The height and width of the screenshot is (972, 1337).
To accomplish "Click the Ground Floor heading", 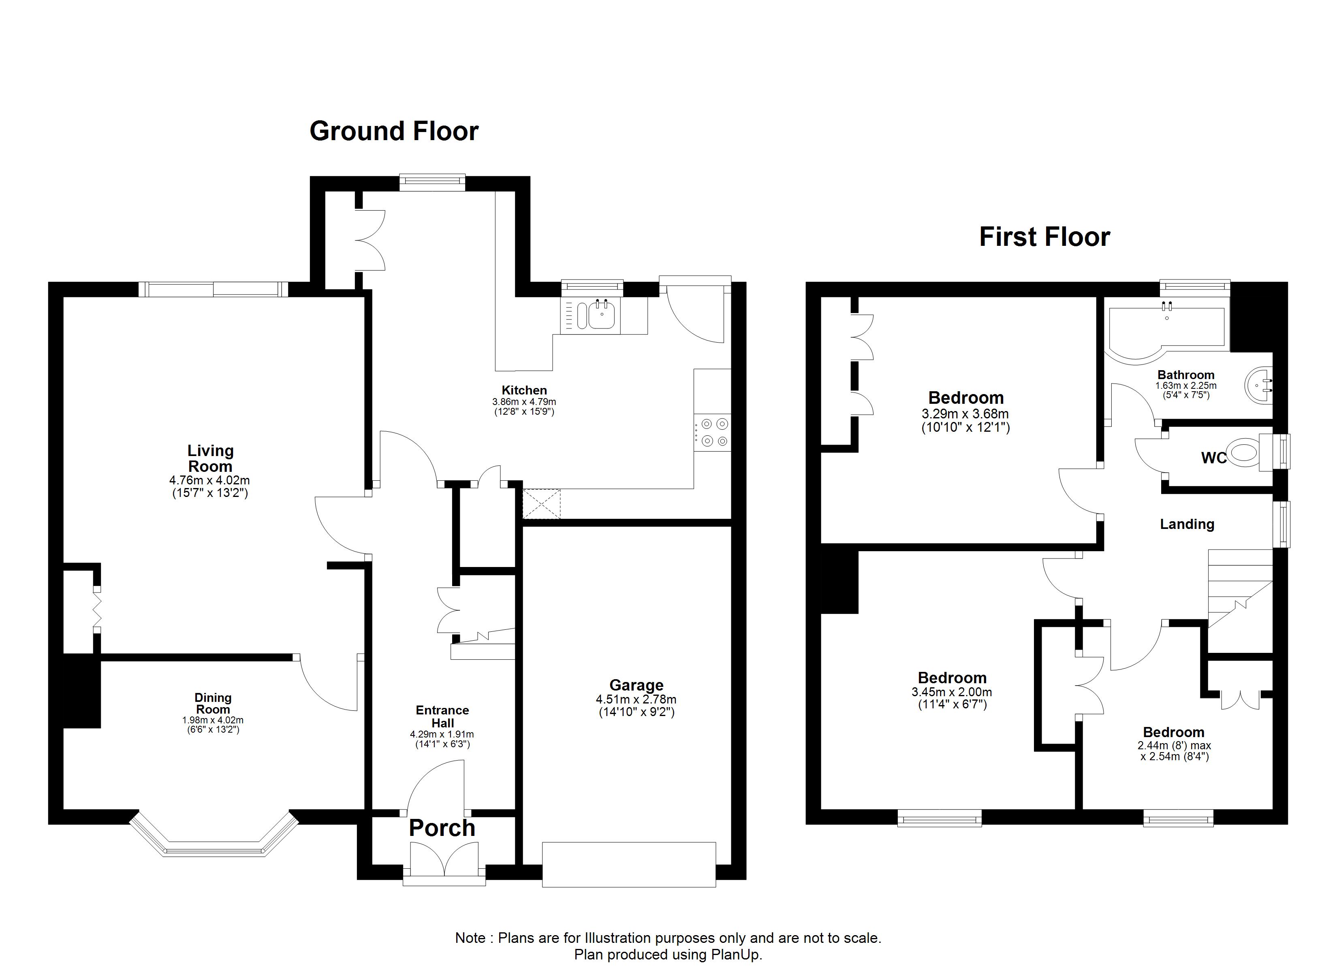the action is coord(394,131).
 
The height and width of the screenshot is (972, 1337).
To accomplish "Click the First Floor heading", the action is coord(1044,237).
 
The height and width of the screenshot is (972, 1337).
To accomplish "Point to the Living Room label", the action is coord(210,458).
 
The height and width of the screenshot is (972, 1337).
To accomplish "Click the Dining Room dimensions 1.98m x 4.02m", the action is coord(213,720).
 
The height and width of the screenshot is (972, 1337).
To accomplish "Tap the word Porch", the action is coord(442,828).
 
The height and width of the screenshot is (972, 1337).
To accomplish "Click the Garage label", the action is coord(636,685).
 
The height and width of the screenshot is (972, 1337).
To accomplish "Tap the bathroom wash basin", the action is coord(1259,386).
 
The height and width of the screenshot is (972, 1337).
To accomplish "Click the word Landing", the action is coord(1187,524).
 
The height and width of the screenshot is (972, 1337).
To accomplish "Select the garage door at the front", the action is coord(629,865).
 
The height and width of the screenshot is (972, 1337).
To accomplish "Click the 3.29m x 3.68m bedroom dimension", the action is coord(965,414).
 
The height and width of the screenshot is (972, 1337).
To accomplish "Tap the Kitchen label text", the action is coord(524,390).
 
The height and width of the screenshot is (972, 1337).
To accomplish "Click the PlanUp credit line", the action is coord(668,954).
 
